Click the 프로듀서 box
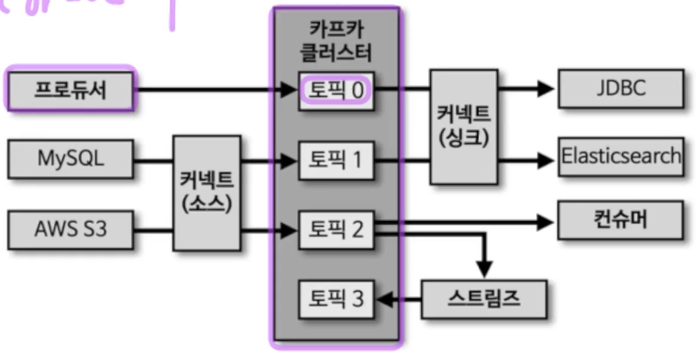pyautogui.click(x=70, y=89)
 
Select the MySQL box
pyautogui.click(x=70, y=159)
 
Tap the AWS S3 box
pyautogui.click(x=70, y=229)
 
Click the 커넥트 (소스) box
pyautogui.click(x=206, y=193)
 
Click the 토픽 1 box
pyautogui.click(x=336, y=160)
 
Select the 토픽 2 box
pyautogui.click(x=336, y=229)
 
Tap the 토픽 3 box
pyautogui.click(x=336, y=299)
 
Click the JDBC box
pyautogui.click(x=620, y=88)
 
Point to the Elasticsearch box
pyautogui.click(x=620, y=156)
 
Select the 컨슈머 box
pyautogui.click(x=620, y=220)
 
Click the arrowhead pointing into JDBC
pyautogui.click(x=546, y=89)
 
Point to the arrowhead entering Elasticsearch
pyautogui.click(x=546, y=160)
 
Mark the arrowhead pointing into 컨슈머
pyautogui.click(x=546, y=222)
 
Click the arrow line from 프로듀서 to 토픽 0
pyautogui.click(x=209, y=89)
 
